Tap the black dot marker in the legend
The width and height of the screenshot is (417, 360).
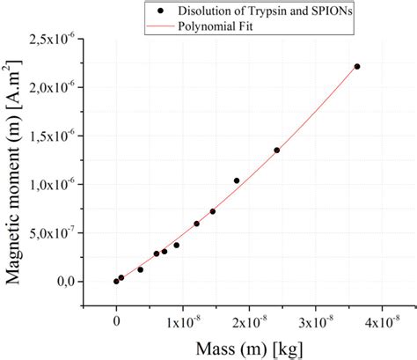pyautogui.click(x=158, y=11)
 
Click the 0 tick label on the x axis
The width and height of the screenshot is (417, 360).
pyautogui.click(x=116, y=322)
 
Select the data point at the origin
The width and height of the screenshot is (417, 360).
pyautogui.click(x=116, y=281)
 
